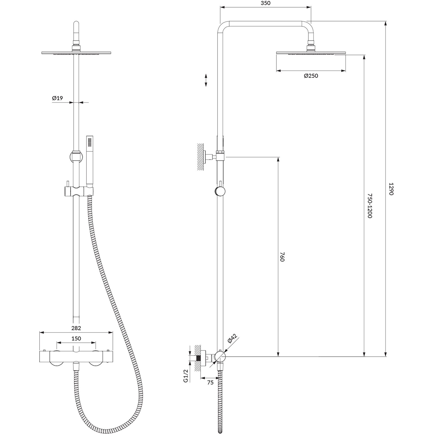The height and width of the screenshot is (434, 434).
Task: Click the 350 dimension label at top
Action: [x=265, y=3]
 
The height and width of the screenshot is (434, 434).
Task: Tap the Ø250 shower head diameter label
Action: [x=311, y=76]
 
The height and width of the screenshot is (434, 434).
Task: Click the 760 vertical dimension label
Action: [x=282, y=257]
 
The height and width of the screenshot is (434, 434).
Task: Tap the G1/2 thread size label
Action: [x=186, y=376]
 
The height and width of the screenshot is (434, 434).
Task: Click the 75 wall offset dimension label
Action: [x=210, y=382]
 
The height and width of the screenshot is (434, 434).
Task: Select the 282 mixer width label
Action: [x=76, y=328]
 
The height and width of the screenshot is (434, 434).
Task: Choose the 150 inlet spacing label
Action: [x=76, y=339]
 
